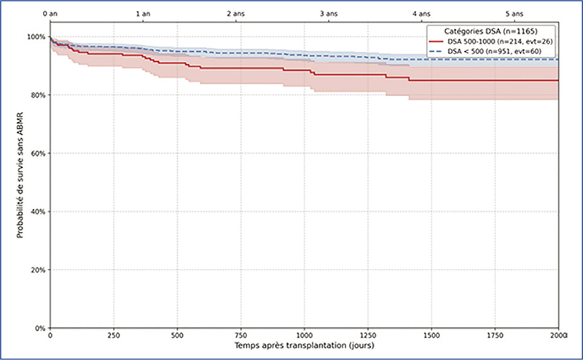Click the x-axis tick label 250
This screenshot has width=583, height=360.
(113, 337)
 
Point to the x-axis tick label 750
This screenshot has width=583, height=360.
(240, 337)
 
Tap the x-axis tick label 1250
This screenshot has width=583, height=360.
(367, 337)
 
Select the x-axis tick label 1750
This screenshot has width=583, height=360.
(495, 337)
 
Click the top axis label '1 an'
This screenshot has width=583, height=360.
(143, 14)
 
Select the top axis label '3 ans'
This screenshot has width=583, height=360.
(329, 14)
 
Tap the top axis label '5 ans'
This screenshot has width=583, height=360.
(514, 14)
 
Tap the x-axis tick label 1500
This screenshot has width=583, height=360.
(431, 337)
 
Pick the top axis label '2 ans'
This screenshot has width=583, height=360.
(235, 14)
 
